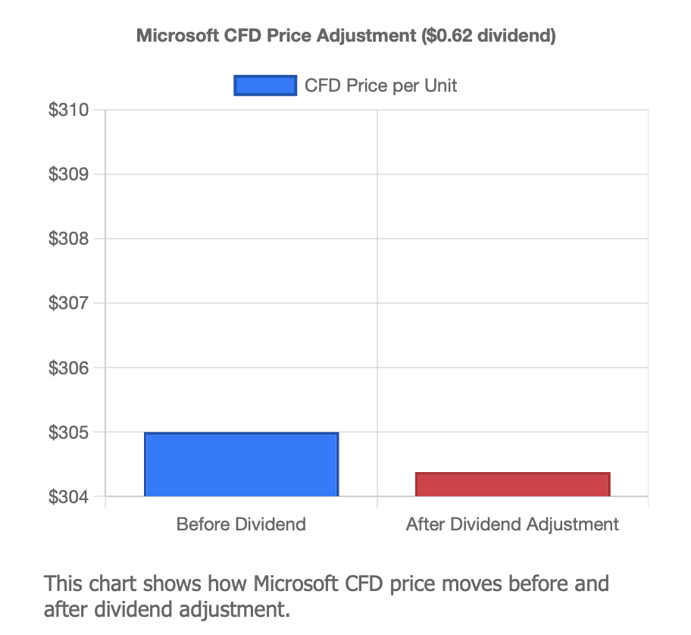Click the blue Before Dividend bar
[241, 465]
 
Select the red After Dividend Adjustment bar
[512, 485]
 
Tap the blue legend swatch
[264, 86]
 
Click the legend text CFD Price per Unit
[380, 86]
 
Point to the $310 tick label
[68, 110]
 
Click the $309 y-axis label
[68, 174]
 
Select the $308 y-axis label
[68, 239]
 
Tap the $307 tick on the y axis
[68, 303]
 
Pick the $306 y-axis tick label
[68, 368]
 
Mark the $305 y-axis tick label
[68, 433]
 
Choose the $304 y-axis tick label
[68, 497]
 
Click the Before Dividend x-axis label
[241, 524]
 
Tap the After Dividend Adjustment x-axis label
[512, 524]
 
